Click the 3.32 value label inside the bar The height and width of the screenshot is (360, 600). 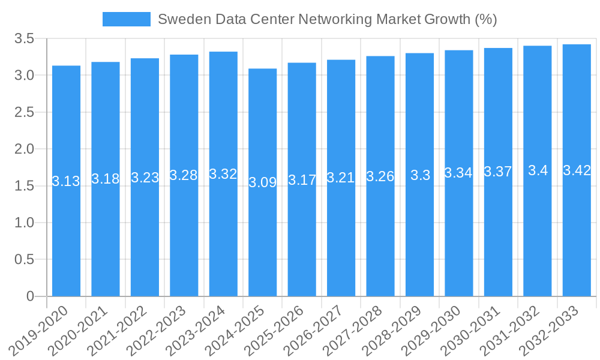(x=223, y=174)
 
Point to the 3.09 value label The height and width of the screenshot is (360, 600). (x=263, y=182)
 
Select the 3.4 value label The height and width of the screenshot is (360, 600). (x=538, y=170)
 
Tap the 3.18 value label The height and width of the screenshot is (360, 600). (x=106, y=179)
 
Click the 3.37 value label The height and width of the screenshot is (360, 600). (x=498, y=172)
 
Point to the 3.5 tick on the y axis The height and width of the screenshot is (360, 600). (x=25, y=39)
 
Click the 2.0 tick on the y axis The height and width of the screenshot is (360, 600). (x=25, y=149)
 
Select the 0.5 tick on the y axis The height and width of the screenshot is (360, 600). (x=25, y=259)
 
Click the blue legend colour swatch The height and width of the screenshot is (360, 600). (x=127, y=19)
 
